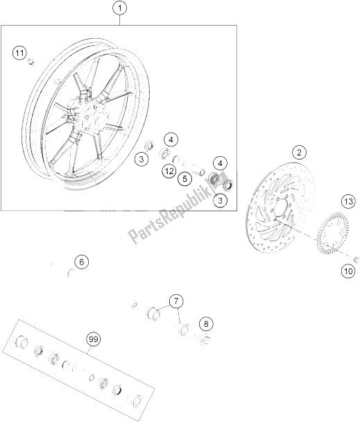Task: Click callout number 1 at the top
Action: point(119,9)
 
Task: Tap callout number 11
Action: point(21,53)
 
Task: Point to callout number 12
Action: point(169,171)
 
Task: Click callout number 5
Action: point(185,179)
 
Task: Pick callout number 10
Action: point(348,272)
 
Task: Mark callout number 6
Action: point(81,262)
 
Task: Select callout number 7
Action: point(177,301)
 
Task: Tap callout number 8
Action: point(205,323)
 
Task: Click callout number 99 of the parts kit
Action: point(92,339)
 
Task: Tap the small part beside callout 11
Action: point(32,63)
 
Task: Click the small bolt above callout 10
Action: point(355,260)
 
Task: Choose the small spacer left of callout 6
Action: point(53,264)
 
